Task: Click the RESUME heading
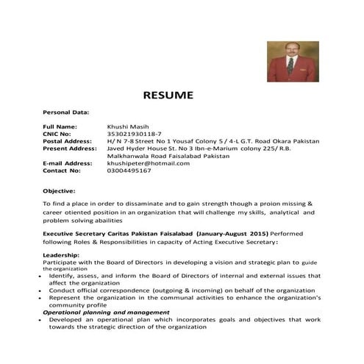click(x=168, y=95)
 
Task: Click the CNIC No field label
click(x=57, y=134)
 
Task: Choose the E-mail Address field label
click(x=68, y=163)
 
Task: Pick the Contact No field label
click(x=61, y=170)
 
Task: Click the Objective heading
click(x=60, y=190)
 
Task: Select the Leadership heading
click(x=62, y=254)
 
